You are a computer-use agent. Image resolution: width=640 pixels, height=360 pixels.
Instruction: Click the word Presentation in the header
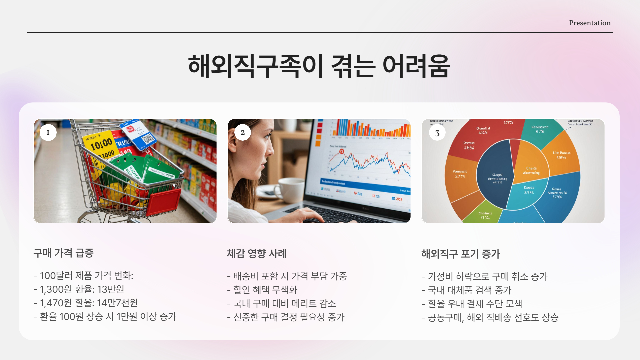pyautogui.click(x=589, y=23)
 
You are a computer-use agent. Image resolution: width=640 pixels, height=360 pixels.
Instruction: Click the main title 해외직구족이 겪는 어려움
pyautogui.click(x=319, y=66)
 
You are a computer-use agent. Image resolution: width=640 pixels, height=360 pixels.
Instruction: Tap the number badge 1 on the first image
pyautogui.click(x=48, y=132)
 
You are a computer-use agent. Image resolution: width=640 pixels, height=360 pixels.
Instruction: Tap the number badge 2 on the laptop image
pyautogui.click(x=242, y=132)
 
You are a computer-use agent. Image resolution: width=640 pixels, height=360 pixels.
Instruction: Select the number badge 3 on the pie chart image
pyautogui.click(x=437, y=133)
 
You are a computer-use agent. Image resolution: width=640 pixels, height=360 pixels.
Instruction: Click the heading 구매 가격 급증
pyautogui.click(x=63, y=253)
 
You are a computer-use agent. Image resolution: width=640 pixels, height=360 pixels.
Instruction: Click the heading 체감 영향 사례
pyautogui.click(x=257, y=254)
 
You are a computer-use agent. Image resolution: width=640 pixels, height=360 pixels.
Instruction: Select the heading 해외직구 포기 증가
pyautogui.click(x=460, y=254)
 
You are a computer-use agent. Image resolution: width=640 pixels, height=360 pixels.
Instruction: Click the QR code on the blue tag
pyautogui.click(x=148, y=138)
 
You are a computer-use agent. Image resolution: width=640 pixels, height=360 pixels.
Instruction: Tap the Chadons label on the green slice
pyautogui.click(x=485, y=213)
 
